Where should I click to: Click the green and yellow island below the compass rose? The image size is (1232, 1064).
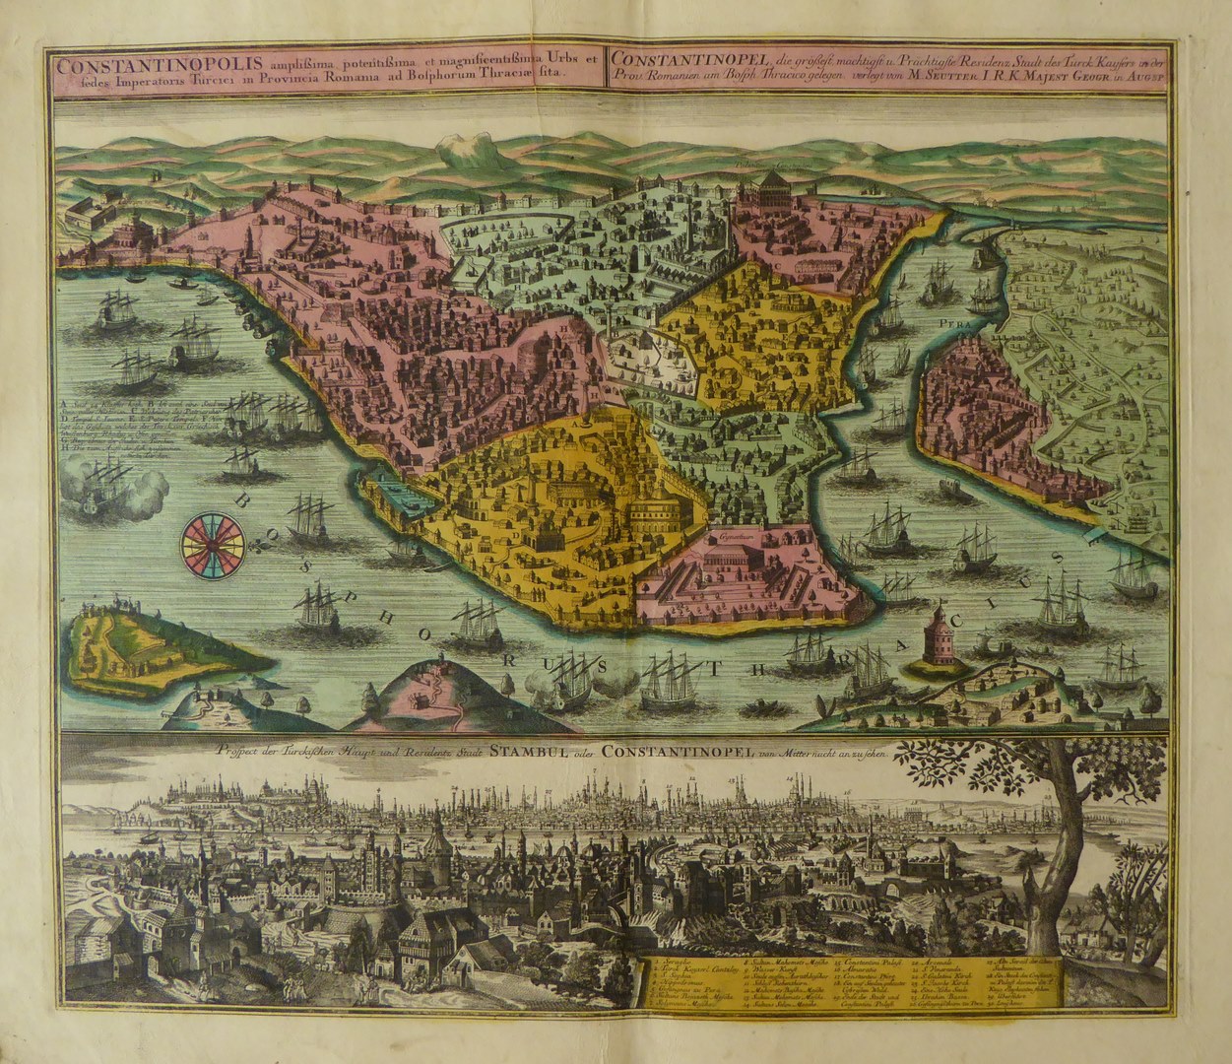(x=148, y=645)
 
